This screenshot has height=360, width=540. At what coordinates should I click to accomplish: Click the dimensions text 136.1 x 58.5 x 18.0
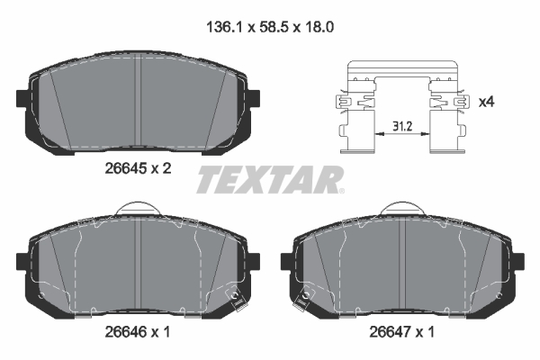coord(270,27)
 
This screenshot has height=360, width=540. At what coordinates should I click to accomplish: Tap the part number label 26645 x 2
coord(138,168)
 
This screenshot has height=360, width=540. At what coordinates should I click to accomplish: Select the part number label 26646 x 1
coord(138,332)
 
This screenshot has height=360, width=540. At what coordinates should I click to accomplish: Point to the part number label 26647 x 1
coord(402,332)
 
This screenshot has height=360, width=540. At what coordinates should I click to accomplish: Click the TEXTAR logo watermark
coord(270,179)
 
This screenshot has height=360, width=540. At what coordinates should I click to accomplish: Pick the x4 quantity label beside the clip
coord(486,102)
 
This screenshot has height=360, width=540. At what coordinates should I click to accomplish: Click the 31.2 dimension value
coord(402,126)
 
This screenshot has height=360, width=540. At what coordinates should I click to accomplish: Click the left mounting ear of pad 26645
coord(22,98)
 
